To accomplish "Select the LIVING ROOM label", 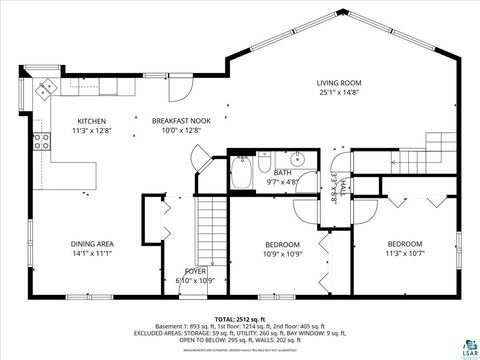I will tap(339, 84).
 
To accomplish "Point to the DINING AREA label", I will tap(92, 243).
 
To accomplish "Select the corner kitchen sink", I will tap(45, 89).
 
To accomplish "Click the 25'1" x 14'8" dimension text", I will tap(339, 93).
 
